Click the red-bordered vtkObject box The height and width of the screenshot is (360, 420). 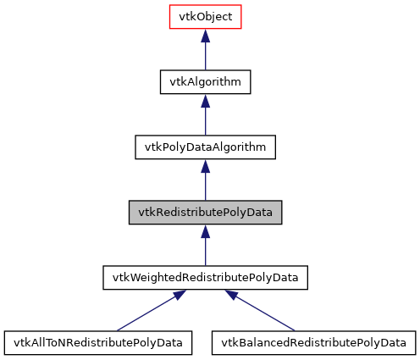pos(205,16)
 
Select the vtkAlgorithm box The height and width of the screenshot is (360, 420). pos(205,81)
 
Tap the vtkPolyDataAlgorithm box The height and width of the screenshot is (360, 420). pos(205,147)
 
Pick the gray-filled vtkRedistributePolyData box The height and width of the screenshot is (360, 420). pos(205,212)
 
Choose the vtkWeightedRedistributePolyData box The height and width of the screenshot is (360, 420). pos(205,277)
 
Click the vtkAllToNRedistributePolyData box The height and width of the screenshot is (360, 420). pos(97,342)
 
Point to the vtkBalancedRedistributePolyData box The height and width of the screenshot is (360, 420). pos(313,342)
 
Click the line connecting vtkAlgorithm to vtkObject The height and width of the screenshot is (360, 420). pos(205,56)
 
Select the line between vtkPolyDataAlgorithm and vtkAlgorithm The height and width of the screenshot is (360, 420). pos(205,121)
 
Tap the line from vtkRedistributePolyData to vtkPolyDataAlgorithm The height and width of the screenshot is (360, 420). pos(205,186)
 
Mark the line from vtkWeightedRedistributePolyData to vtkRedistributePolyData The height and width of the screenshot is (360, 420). pos(205,252)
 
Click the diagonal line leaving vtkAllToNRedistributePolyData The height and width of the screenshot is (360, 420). pos(144,313)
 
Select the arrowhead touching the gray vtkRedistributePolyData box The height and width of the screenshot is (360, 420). pos(205,230)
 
